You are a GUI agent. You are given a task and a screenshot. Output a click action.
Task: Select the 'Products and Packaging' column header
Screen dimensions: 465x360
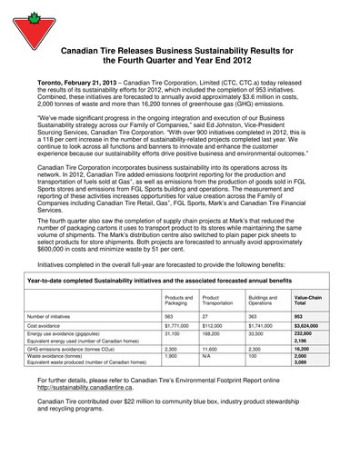point(178,299)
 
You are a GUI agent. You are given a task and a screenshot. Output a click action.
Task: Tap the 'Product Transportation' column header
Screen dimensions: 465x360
point(217,299)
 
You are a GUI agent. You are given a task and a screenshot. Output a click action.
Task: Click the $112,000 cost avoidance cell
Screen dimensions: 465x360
point(213,324)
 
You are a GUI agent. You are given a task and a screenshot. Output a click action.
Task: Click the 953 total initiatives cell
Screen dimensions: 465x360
point(299,314)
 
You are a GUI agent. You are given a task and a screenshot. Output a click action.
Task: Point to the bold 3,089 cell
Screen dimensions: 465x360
point(301,363)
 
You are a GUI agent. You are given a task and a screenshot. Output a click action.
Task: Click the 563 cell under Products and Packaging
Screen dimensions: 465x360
point(170,314)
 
